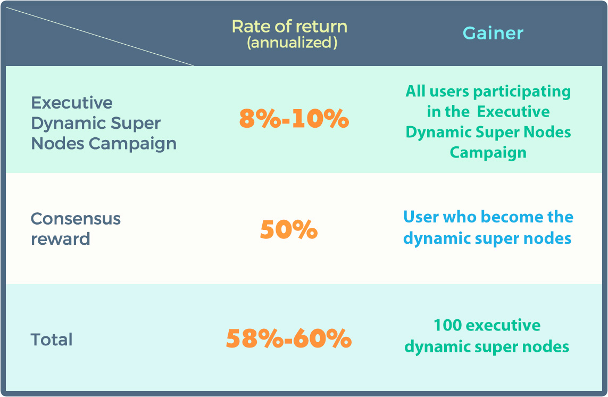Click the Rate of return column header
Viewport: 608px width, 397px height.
coord(289,27)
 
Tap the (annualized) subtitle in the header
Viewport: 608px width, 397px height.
coord(292,42)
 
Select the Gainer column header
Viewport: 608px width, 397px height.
coord(493,34)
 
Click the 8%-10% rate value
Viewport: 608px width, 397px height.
coord(294,118)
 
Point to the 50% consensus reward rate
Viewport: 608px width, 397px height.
coord(289,229)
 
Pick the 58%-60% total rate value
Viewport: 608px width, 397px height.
coord(289,338)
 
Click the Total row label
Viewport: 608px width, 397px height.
coord(52,340)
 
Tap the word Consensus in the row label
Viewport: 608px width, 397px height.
coord(76,219)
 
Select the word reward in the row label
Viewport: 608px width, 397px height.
coord(61,239)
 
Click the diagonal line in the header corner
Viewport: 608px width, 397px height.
coord(99,36)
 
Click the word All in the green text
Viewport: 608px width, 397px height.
coord(415,91)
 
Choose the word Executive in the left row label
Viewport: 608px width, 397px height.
coord(72,103)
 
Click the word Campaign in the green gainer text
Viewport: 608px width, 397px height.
coord(488,153)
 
